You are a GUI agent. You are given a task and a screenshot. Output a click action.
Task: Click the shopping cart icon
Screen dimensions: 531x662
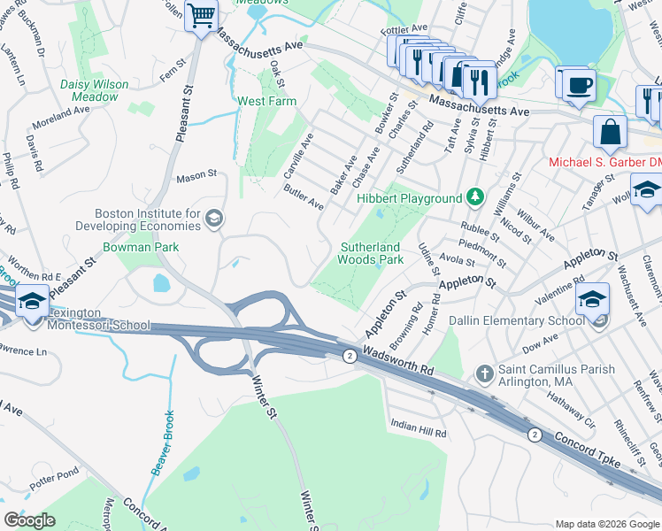click(201, 14)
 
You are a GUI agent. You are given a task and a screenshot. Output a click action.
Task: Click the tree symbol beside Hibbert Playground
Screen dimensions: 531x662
click(476, 197)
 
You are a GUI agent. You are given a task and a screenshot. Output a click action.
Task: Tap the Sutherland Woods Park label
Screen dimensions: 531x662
click(370, 253)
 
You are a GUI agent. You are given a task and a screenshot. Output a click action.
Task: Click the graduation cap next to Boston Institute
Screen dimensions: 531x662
click(213, 219)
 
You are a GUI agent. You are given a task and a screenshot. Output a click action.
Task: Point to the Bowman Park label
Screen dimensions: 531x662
click(140, 248)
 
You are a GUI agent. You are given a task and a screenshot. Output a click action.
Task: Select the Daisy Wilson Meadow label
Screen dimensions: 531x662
click(94, 90)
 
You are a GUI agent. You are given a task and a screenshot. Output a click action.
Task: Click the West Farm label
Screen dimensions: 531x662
click(266, 102)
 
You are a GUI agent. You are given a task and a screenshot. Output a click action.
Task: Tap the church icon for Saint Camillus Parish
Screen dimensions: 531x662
click(484, 373)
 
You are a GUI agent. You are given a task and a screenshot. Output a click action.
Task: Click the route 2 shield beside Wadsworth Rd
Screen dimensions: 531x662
click(350, 355)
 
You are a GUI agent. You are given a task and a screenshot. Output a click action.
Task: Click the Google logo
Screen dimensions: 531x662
click(30, 520)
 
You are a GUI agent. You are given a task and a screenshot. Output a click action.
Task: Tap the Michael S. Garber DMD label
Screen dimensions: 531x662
click(604, 162)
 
